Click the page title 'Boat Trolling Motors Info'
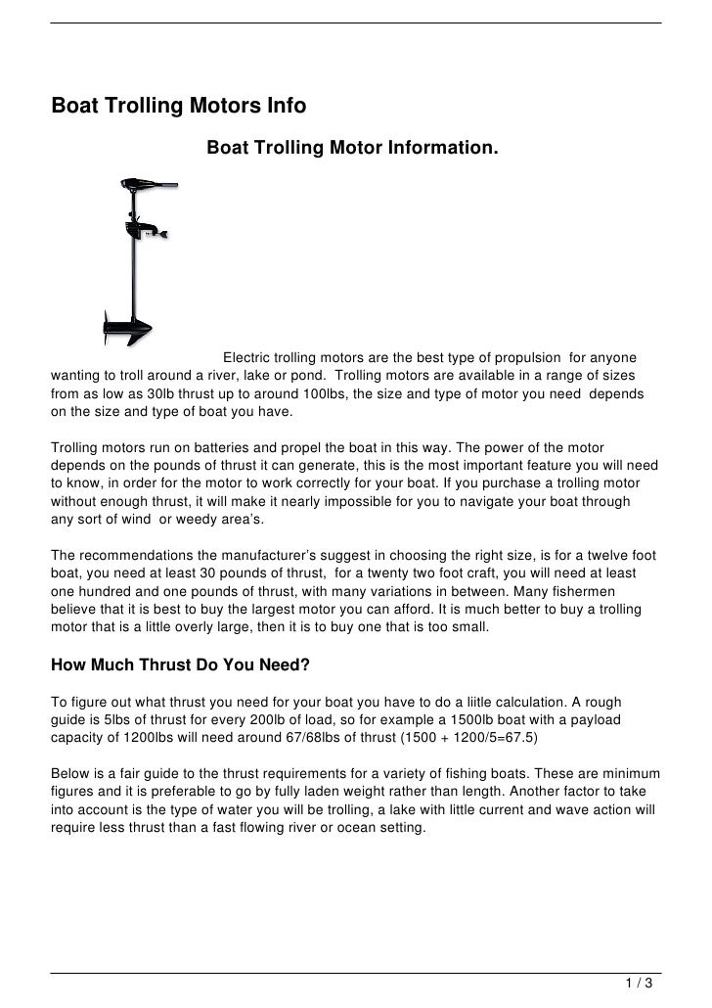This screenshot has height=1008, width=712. click(x=179, y=106)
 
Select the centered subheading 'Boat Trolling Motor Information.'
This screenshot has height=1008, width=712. click(x=352, y=149)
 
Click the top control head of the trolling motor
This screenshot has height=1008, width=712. click(x=142, y=184)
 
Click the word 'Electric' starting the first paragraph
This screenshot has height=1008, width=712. click(x=249, y=357)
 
